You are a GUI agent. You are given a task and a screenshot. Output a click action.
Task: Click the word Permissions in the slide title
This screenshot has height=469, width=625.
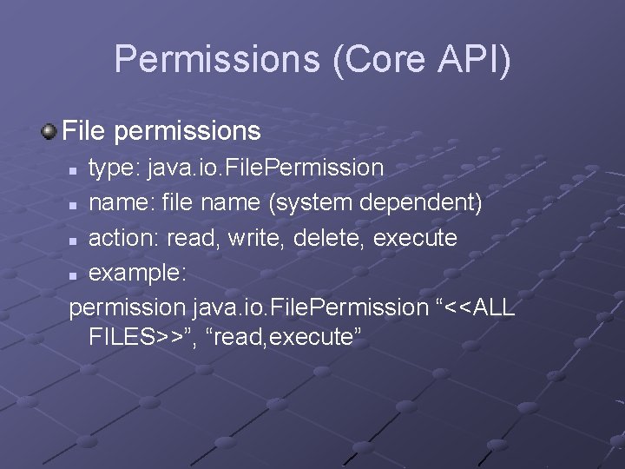coord(216,60)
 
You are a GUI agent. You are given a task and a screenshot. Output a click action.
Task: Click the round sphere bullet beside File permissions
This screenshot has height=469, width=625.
coord(49,132)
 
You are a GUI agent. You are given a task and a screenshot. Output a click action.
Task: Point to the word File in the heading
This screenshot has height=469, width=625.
coord(84,131)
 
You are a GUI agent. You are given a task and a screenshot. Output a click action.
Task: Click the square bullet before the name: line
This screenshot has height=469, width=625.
coord(76,204)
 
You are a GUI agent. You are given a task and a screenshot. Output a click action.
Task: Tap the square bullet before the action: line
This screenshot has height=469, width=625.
coord(76,239)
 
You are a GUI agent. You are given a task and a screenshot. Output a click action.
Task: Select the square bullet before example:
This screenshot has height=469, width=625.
coord(76,274)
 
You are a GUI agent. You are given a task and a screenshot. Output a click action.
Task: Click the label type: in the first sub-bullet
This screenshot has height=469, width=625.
coord(115,167)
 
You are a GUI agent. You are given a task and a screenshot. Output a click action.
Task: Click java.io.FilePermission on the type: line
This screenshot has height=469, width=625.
coord(265,167)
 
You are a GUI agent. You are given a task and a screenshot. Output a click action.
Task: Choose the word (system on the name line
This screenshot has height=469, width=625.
coord(309,202)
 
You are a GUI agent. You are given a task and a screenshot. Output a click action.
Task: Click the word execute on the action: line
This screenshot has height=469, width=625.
coord(415,237)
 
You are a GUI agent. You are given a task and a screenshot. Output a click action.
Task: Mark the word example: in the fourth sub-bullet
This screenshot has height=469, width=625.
coord(137,272)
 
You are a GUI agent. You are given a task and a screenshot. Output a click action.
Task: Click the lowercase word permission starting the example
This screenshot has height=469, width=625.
coord(127,307)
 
